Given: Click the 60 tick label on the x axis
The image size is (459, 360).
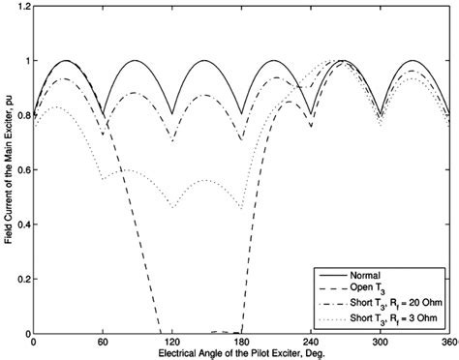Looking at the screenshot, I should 103,343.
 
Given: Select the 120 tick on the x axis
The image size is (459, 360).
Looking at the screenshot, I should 172,343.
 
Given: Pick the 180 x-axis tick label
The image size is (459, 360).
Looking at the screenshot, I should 242,343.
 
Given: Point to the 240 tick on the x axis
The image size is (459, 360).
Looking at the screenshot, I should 311,343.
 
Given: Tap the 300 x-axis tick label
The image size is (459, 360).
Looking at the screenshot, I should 381,343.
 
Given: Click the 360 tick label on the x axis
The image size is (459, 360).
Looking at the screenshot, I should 448,343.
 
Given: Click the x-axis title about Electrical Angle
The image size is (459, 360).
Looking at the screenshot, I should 242,353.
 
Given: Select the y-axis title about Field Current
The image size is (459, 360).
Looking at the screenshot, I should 8,169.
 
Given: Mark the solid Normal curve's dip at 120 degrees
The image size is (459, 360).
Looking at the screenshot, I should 172,115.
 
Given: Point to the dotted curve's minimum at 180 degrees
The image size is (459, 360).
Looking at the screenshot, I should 242,208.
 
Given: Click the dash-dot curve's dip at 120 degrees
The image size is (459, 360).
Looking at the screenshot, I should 172,141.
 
